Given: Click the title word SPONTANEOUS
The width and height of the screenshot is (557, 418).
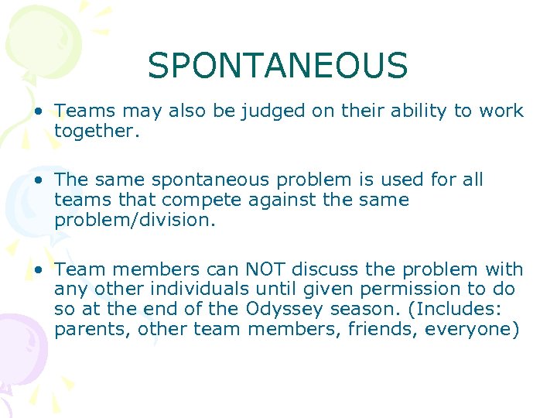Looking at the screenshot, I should tap(278, 66).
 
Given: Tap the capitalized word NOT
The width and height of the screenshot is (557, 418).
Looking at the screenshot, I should tap(265, 269).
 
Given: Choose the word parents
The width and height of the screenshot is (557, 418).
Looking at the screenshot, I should tap(85, 328).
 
